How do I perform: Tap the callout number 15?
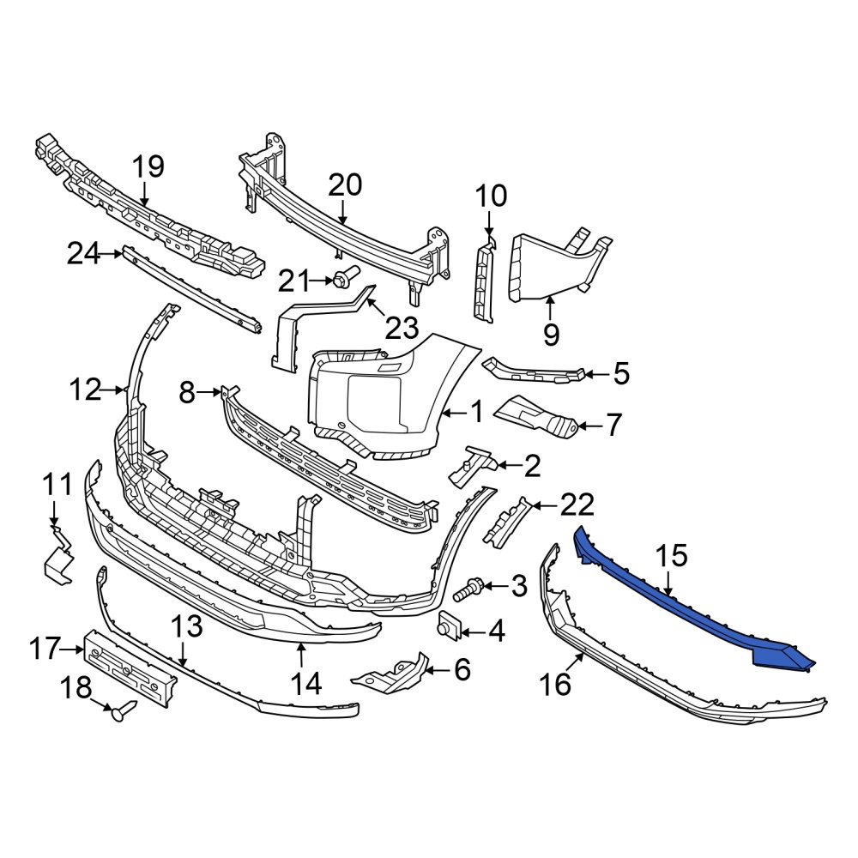671,556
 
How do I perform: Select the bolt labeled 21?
346,277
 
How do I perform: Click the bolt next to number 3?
468,590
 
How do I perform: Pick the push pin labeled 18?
124,710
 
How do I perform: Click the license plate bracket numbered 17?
130,668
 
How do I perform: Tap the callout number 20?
345,185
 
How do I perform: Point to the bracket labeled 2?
472,466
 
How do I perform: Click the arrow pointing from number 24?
112,254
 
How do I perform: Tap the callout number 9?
551,335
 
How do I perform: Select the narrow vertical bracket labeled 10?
484,279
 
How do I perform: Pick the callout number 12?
85,390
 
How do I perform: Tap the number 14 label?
306,684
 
